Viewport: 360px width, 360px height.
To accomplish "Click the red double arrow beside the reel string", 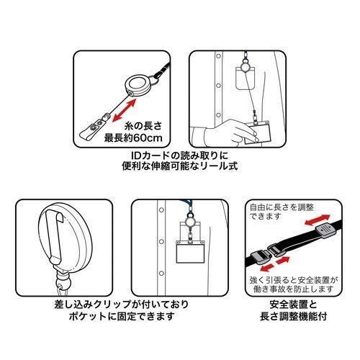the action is pyautogui.click(x=124, y=110).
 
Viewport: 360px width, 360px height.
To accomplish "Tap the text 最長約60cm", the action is pyautogui.click(x=133, y=138).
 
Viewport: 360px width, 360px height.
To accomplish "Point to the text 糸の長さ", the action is pyautogui.click(x=143, y=126).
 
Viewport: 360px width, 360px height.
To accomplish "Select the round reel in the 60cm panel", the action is pyautogui.click(x=137, y=86).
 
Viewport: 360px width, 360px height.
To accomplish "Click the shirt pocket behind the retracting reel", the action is pyautogui.click(x=245, y=78).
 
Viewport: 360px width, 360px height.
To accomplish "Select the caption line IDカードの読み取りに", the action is pyautogui.click(x=180, y=156).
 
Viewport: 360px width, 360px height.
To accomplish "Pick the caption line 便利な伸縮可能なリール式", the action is pyautogui.click(x=180, y=166).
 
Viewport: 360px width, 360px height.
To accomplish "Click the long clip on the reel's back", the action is pyautogui.click(x=55, y=236).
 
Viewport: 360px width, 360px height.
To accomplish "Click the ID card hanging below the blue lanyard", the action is pyautogui.click(x=190, y=251).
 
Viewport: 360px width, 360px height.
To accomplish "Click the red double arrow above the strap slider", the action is pyautogui.click(x=318, y=220).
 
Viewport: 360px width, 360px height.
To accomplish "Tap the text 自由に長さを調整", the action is pyautogui.click(x=282, y=207).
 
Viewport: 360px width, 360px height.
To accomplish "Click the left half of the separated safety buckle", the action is pyautogui.click(x=261, y=258).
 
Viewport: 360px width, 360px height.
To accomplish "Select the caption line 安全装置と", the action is pyautogui.click(x=293, y=305).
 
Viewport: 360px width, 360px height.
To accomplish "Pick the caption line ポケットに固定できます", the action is pyautogui.click(x=122, y=316).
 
